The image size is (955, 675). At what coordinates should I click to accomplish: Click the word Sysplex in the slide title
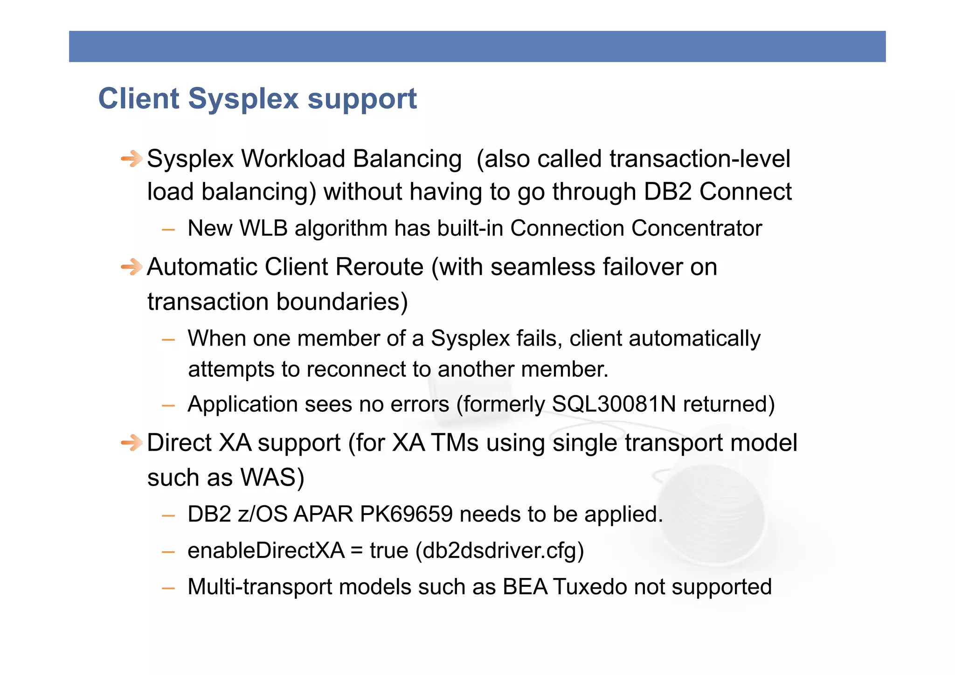coord(243,99)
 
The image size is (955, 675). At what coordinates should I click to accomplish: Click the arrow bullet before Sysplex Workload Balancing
coord(131,159)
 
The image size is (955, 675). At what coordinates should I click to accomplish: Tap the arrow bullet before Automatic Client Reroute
coord(131,267)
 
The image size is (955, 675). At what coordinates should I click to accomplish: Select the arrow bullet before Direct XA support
coord(131,442)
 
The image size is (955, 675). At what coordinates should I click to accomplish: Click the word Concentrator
coord(696,229)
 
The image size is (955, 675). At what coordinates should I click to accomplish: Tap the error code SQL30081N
coord(614,404)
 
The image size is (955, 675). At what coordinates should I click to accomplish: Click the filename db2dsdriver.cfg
coord(499,550)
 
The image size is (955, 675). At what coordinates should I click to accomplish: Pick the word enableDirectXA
coord(266,550)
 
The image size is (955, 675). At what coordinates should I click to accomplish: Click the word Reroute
coord(379,267)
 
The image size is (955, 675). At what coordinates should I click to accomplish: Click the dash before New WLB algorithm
coord(168,230)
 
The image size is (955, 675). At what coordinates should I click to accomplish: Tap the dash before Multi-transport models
coord(168,588)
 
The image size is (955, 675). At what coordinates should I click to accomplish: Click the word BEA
coord(525,587)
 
